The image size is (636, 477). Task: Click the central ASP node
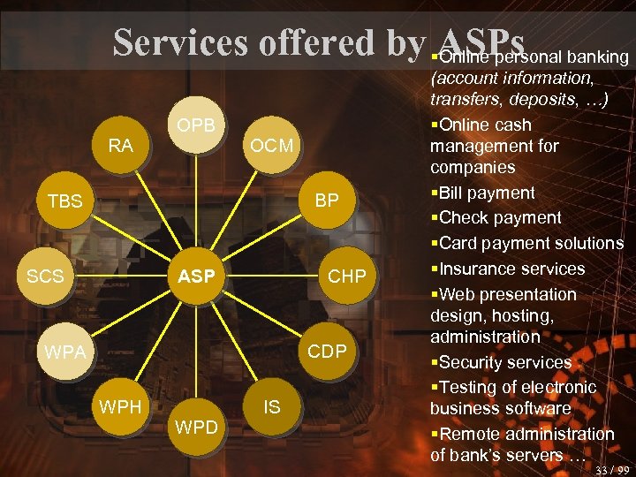tap(196, 276)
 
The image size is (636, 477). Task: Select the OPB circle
tap(195, 125)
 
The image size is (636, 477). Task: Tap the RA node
tap(120, 145)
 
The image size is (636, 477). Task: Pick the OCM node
tap(271, 145)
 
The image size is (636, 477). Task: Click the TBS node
tap(64, 201)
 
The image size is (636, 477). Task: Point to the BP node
tap(327, 201)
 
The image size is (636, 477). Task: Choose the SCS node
tap(45, 276)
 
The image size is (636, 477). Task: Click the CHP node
tap(346, 276)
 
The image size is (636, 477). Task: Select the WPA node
tap(64, 352)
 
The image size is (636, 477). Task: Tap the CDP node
tap(327, 352)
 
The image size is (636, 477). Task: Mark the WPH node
tap(120, 407)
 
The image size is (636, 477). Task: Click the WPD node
tap(195, 428)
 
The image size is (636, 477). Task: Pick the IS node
tap(271, 407)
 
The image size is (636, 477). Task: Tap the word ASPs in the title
tap(480, 41)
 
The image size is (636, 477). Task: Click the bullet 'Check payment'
tap(499, 217)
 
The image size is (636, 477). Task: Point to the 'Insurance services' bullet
tap(511, 269)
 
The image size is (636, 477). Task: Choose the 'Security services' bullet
tap(504, 362)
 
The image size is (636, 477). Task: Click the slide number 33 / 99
tap(612, 470)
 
